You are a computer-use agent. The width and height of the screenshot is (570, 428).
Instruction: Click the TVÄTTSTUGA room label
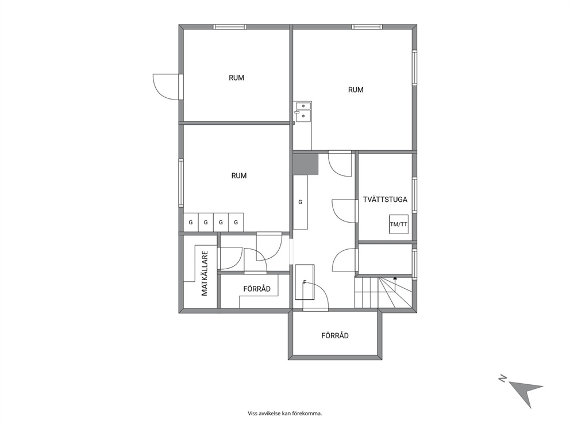coord(385,200)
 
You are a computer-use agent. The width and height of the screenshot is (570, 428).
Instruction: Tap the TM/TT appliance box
coord(399,224)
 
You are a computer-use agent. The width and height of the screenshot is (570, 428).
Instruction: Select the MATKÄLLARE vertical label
coord(205,273)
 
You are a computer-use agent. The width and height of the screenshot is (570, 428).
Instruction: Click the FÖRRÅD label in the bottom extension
coord(335,335)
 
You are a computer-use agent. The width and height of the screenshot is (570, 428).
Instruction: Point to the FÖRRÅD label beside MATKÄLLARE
coord(257,289)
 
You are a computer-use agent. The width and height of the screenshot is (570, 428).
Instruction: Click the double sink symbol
coord(302,111)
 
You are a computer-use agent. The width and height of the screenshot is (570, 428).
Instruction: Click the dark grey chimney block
coord(306,164)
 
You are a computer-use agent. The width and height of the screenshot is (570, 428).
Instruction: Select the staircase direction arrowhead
coord(395,278)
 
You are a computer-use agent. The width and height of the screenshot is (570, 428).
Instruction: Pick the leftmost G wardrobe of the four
coord(191,222)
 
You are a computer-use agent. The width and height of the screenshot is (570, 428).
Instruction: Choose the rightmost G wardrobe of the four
coord(236,222)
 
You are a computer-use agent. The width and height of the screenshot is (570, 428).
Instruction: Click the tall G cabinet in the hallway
coord(301,202)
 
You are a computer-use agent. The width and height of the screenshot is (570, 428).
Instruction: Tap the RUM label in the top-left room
coord(236,78)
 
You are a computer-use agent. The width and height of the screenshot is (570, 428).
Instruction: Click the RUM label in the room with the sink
coord(356,90)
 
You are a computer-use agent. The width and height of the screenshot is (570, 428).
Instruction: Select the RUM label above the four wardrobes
coord(239,176)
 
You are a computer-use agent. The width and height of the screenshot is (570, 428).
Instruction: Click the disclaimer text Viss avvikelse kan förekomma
coord(285,414)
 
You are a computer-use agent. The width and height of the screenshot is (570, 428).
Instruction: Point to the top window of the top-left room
coord(230,27)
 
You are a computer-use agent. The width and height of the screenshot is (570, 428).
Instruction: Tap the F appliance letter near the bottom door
coord(305,282)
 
